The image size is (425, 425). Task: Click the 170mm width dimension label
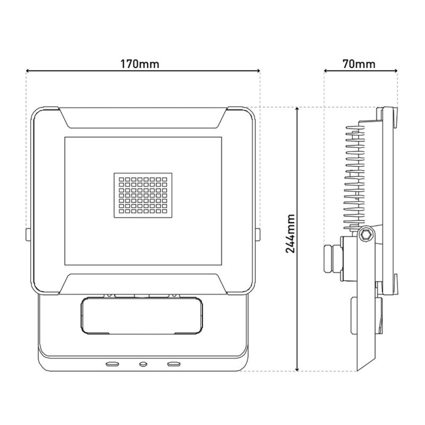click(140, 64)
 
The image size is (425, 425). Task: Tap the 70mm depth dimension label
click(359, 64)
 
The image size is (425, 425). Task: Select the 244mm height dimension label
click(291, 234)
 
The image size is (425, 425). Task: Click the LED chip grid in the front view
click(143, 195)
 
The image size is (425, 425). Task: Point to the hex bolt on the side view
click(366, 236)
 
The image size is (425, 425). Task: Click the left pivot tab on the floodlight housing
click(28, 234)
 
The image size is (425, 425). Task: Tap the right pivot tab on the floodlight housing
click(258, 234)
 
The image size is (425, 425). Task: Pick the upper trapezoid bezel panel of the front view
click(143, 118)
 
